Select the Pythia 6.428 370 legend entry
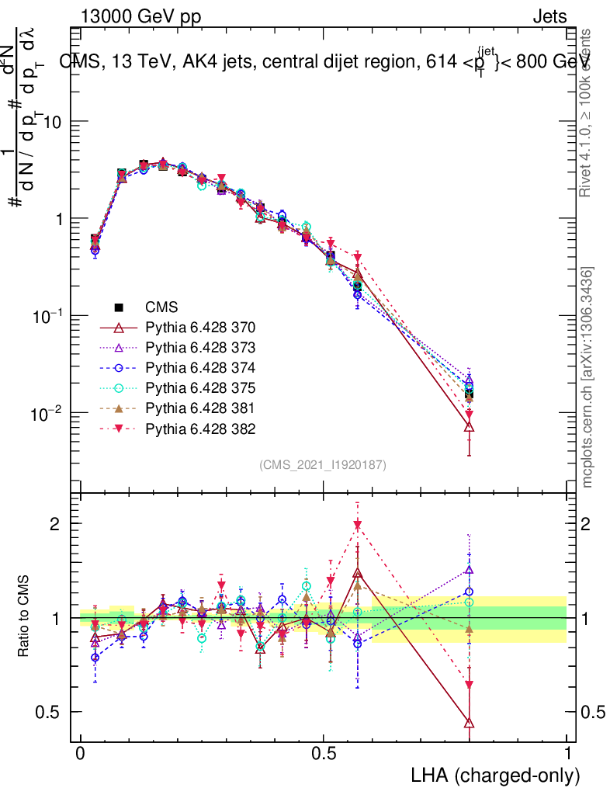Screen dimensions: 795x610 coord(200,328)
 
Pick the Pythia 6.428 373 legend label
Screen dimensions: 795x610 coord(200,348)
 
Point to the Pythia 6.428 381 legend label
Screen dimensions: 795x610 coord(200,408)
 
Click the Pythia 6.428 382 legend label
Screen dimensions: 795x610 coord(200,429)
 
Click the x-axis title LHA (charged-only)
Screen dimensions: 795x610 coord(495,775)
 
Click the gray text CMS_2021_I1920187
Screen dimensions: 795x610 coord(323,464)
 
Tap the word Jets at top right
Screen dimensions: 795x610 coord(549,16)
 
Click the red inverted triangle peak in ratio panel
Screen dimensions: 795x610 coord(357,526)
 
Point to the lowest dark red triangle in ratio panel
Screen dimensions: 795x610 coord(469,723)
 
